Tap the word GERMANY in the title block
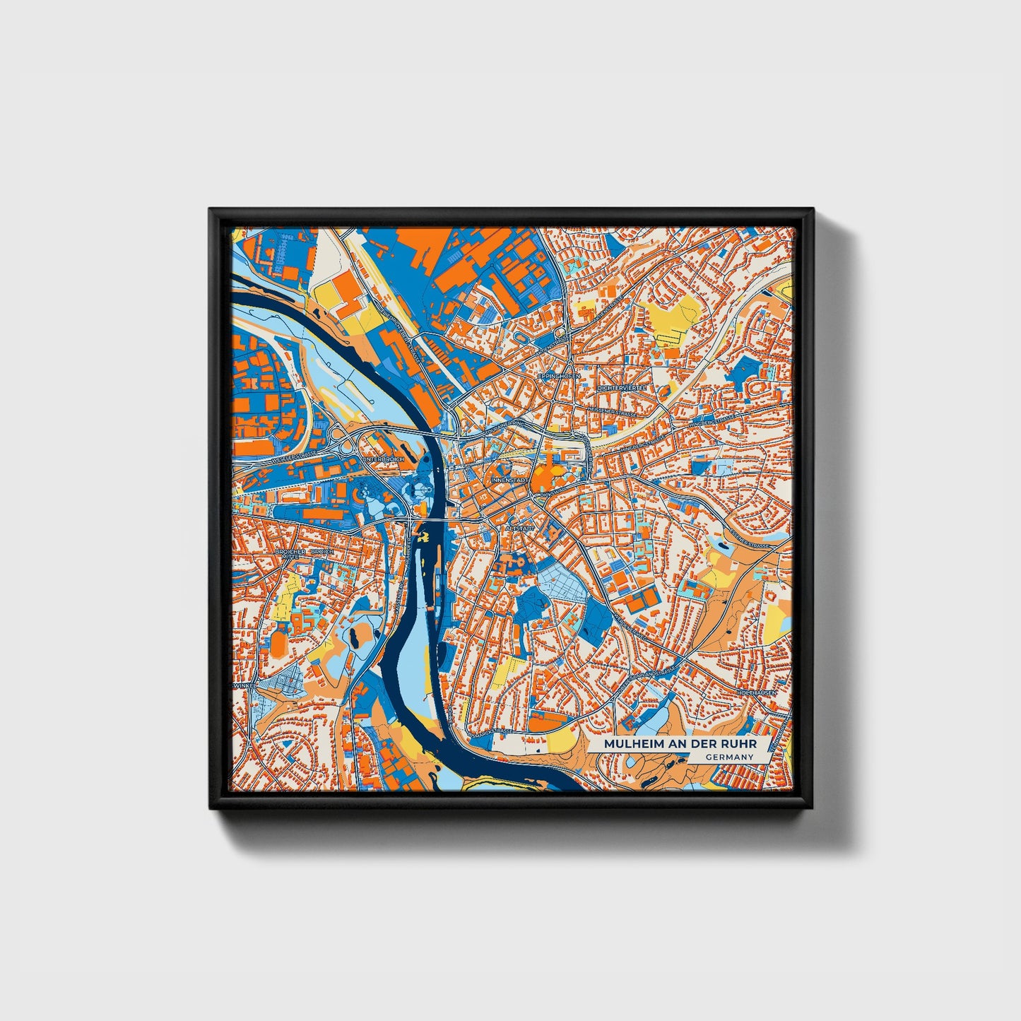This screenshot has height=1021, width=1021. (728, 757)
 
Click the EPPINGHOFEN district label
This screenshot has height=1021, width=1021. (558, 377)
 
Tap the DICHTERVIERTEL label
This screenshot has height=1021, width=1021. (622, 389)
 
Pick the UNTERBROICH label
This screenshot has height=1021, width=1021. (384, 459)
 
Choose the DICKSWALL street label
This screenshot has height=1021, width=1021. (552, 490)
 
